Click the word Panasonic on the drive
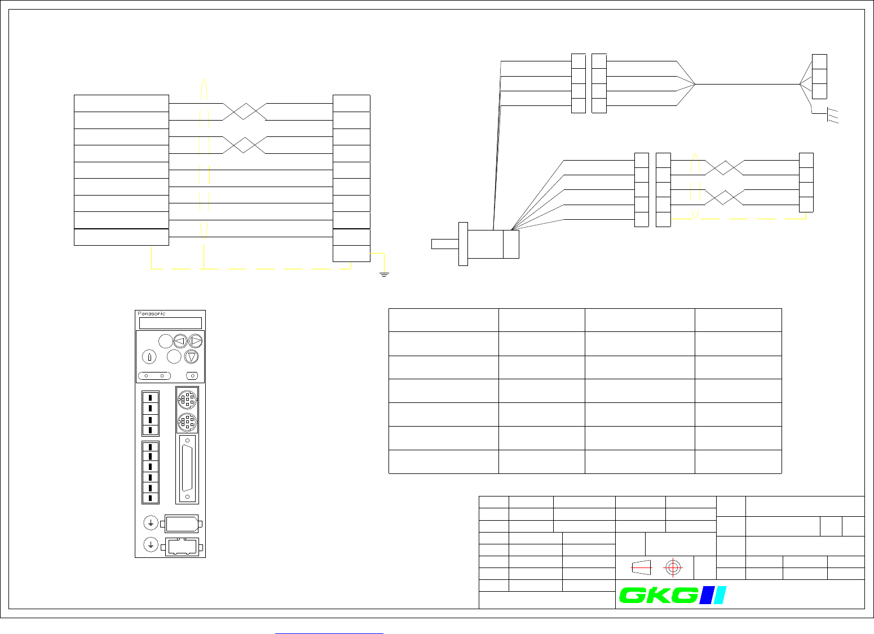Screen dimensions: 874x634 pyautogui.click(x=152, y=314)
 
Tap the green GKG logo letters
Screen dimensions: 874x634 pyautogui.click(x=657, y=596)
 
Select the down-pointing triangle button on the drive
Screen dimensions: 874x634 pyautogui.click(x=191, y=357)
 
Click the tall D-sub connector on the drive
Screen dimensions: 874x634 pyautogui.click(x=188, y=469)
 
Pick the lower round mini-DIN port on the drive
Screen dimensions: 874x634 pyautogui.click(x=187, y=421)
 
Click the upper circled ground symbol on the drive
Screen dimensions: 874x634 pyautogui.click(x=151, y=524)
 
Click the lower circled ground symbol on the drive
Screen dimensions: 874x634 pyautogui.click(x=151, y=545)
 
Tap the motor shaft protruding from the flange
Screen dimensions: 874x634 pyautogui.click(x=445, y=244)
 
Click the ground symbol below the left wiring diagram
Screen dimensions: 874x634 pyautogui.click(x=384, y=274)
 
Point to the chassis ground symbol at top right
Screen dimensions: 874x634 pyautogui.click(x=832, y=116)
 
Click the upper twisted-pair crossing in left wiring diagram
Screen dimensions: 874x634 pyautogui.click(x=244, y=112)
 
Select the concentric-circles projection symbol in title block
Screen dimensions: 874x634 pyautogui.click(x=672, y=568)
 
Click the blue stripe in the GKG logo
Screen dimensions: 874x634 pyautogui.click(x=705, y=595)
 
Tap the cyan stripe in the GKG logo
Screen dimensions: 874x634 pyautogui.click(x=719, y=595)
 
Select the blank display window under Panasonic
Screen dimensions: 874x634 pyautogui.click(x=170, y=323)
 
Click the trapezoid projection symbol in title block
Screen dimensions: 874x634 pyautogui.click(x=642, y=568)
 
